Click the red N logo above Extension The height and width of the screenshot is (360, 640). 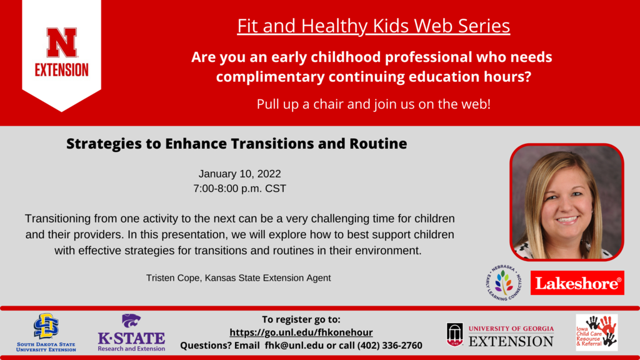61,42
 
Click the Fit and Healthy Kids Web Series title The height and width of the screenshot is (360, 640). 373,26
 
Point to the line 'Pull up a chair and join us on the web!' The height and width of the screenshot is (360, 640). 373,104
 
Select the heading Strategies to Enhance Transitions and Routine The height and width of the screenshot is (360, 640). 236,144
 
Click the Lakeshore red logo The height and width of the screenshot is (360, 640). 577,283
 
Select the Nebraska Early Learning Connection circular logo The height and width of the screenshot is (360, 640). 504,282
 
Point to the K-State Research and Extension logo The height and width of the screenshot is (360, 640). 131,332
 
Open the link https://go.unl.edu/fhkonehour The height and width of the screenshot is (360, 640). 301,332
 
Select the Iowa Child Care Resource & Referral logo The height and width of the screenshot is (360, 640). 596,332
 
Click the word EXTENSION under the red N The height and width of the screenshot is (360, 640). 61,69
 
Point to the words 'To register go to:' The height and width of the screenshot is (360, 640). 301,319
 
